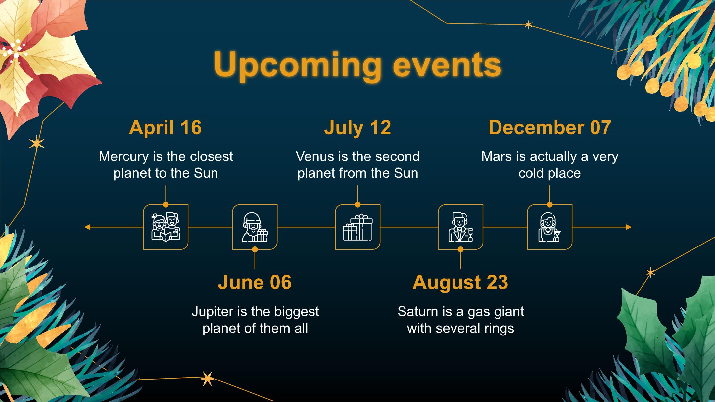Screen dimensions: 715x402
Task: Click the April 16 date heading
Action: (165, 127)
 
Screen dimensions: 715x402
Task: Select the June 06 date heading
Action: (255, 282)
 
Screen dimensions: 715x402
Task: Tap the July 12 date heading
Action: (358, 128)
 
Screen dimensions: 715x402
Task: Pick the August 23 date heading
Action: (460, 283)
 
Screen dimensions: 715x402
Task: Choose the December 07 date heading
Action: (549, 127)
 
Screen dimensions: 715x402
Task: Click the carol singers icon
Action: (166, 227)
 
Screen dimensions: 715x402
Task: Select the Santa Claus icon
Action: (255, 227)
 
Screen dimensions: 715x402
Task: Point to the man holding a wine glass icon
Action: (460, 227)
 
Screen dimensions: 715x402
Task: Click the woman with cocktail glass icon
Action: (549, 227)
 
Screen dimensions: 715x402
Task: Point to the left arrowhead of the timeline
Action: (87, 227)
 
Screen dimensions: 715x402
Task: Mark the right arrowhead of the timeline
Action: (629, 227)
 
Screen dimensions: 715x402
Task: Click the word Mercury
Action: (124, 157)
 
